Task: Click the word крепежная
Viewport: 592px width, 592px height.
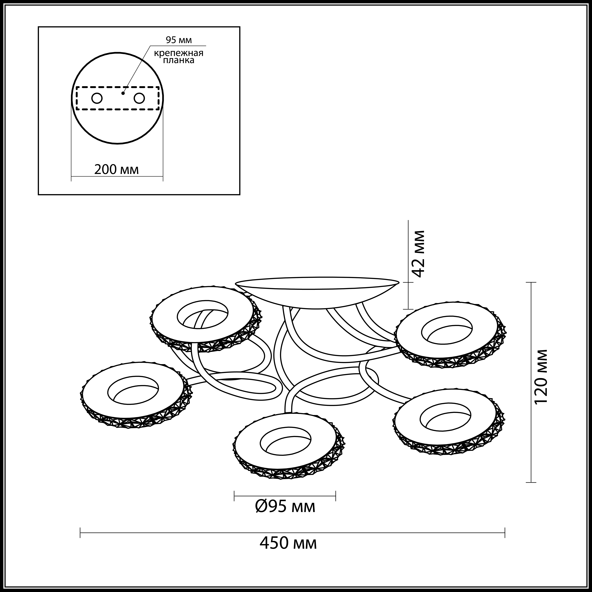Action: pos(179,53)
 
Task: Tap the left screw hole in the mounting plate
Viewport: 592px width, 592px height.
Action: pos(97,98)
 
